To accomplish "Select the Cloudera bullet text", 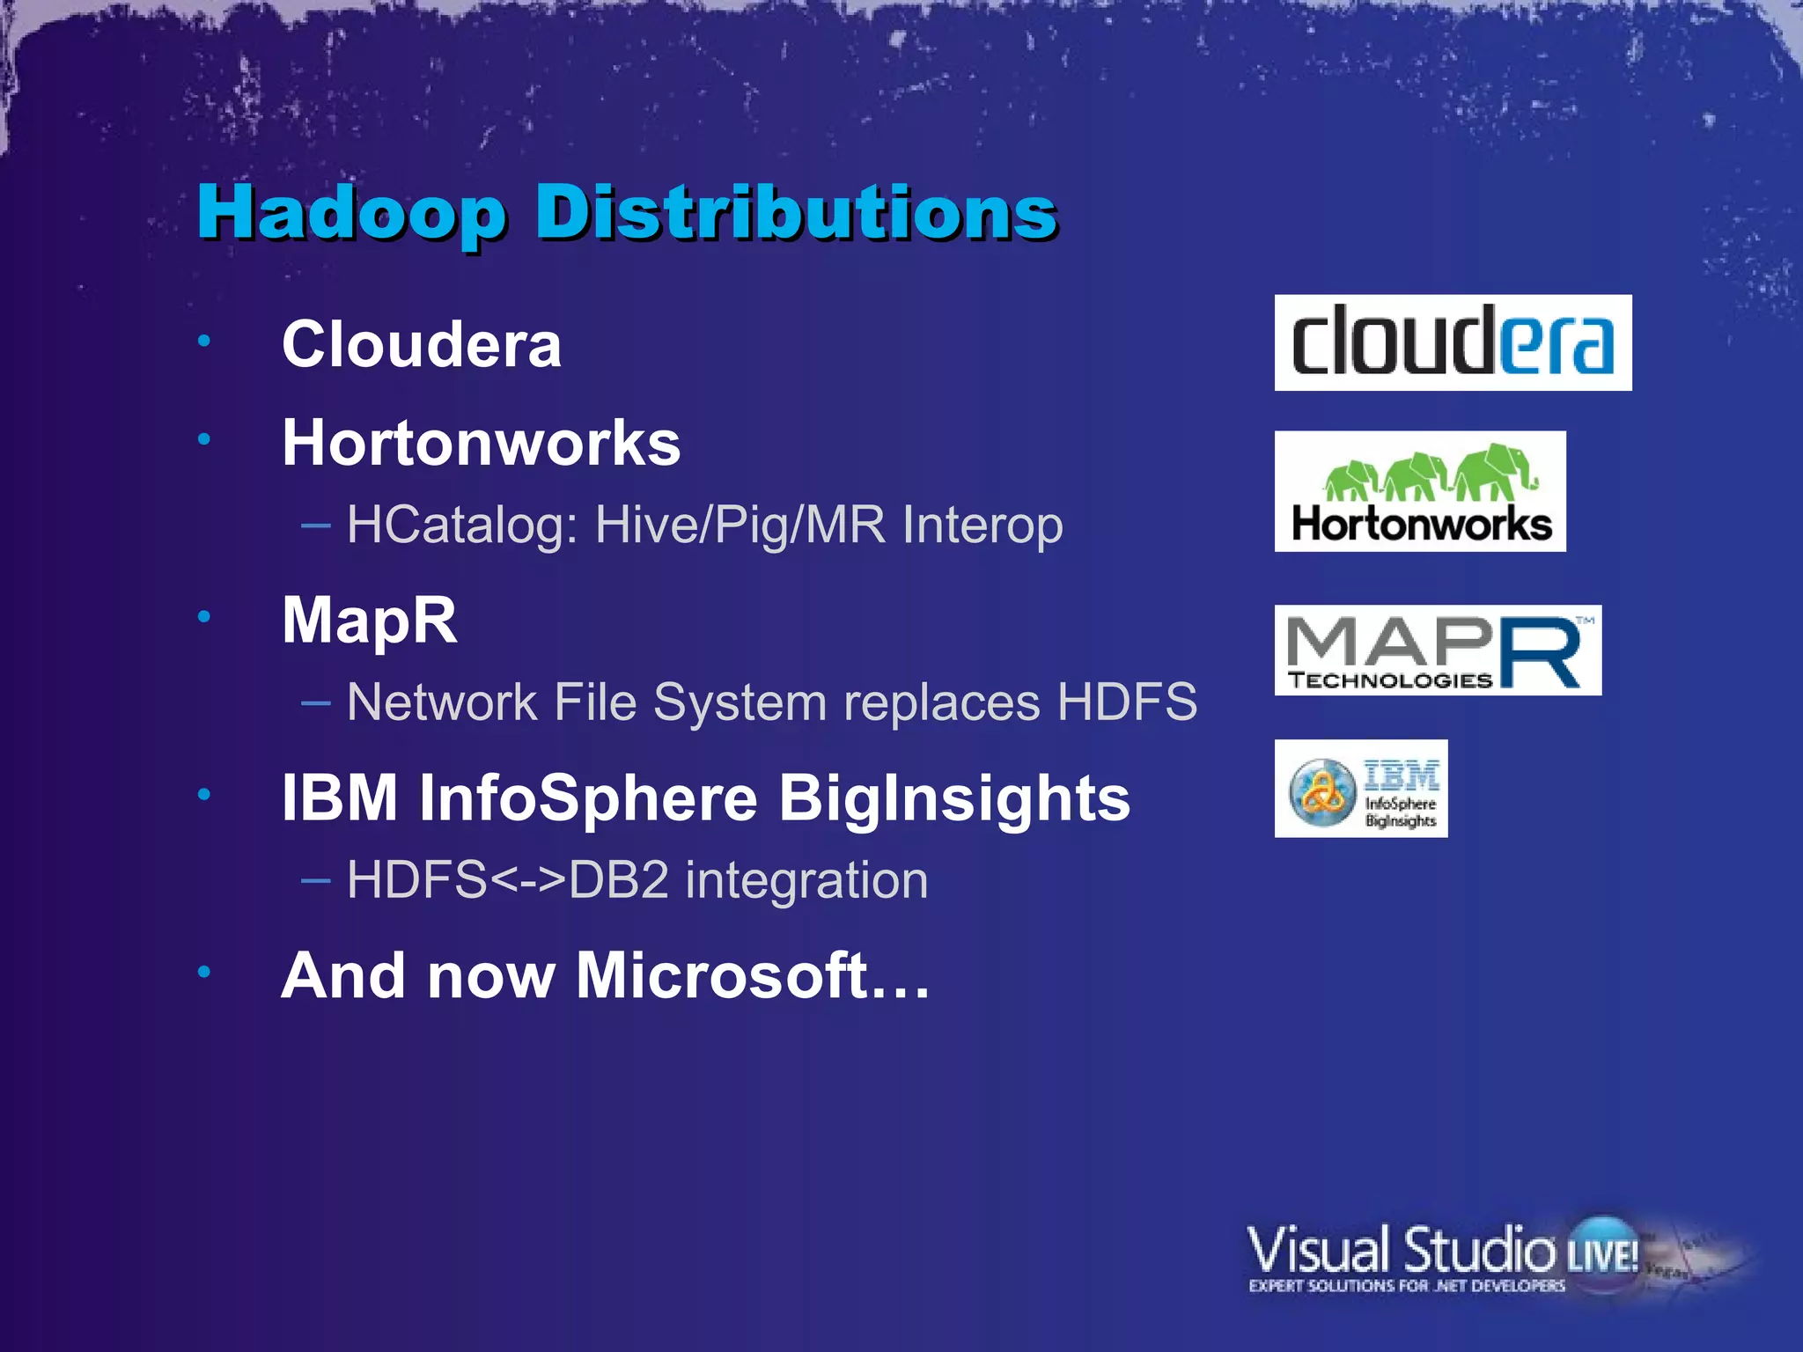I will (x=421, y=344).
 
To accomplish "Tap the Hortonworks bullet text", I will (x=481, y=443).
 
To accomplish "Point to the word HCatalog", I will (x=461, y=525).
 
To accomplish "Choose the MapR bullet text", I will (x=370, y=621).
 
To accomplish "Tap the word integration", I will (x=806, y=880).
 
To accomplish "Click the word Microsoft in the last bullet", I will (x=722, y=976).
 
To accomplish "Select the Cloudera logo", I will (x=1453, y=342).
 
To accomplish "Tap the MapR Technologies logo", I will (x=1438, y=650).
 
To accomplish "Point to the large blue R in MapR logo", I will (x=1541, y=652).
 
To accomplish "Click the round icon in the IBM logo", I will (x=1322, y=790).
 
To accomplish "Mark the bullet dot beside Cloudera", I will (x=204, y=341).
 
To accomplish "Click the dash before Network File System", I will (x=315, y=703).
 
